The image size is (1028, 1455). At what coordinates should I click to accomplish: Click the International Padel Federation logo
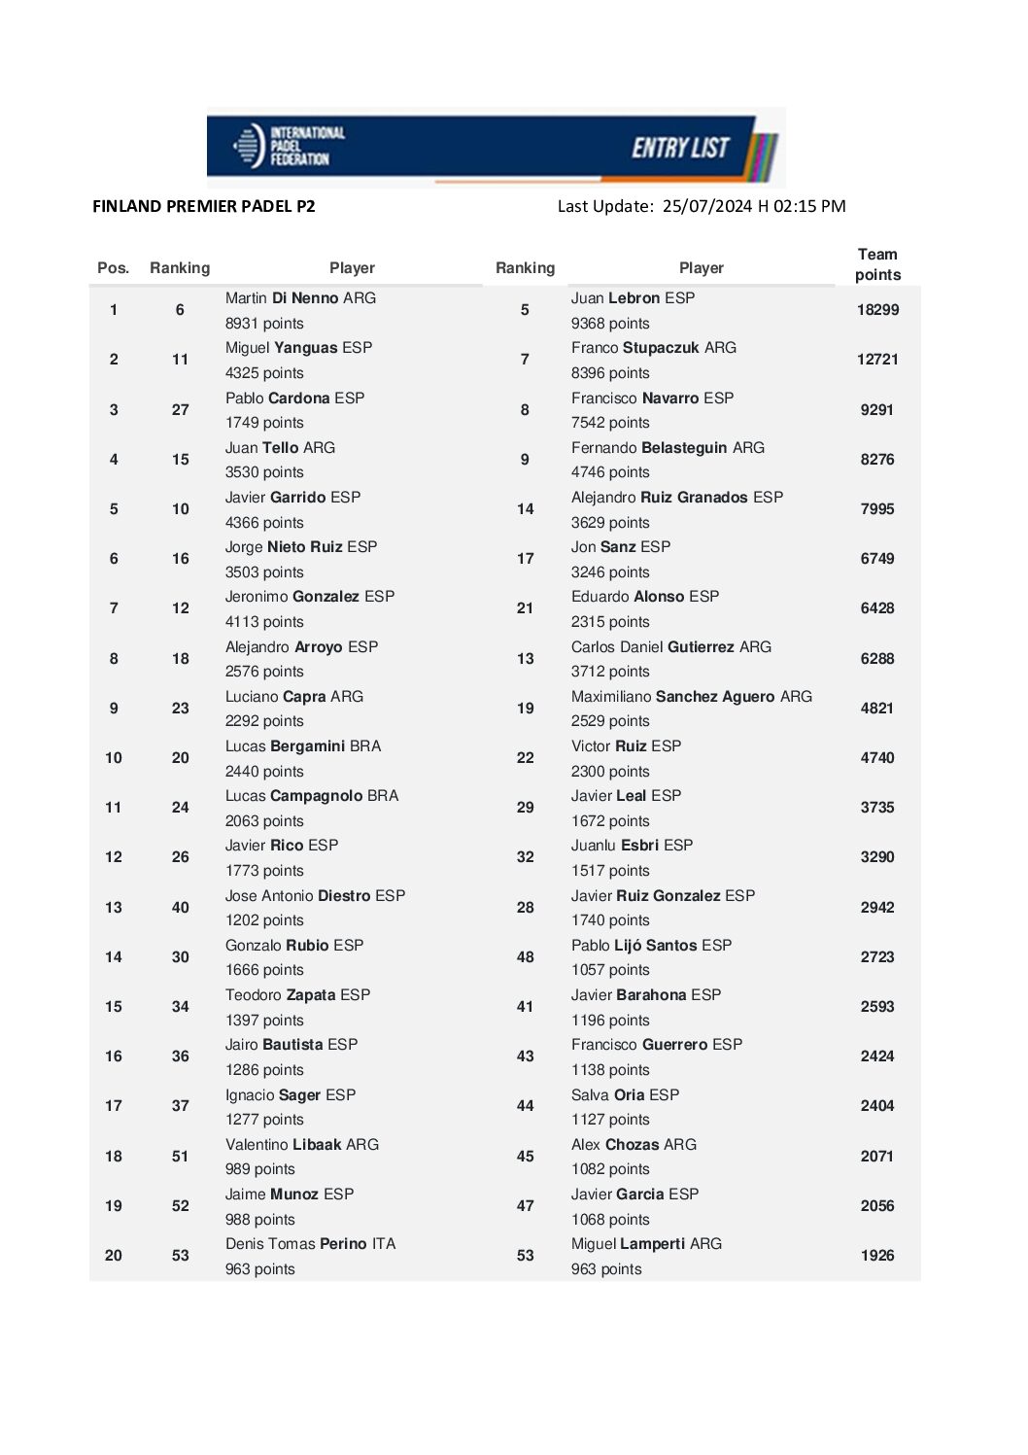[x=289, y=146]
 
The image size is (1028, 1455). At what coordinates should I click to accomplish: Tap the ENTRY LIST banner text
[x=680, y=148]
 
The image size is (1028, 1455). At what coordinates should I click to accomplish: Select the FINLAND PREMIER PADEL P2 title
[x=204, y=206]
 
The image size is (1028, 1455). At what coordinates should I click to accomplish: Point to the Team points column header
[x=877, y=264]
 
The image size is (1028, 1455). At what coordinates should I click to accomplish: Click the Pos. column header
[x=113, y=268]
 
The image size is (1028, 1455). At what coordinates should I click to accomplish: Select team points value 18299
[x=877, y=310]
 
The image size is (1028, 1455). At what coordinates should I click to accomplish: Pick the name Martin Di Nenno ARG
[x=300, y=298]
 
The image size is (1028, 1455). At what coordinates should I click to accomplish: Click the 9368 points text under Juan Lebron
[x=610, y=324]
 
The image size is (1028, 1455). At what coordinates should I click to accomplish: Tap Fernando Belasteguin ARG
[x=668, y=448]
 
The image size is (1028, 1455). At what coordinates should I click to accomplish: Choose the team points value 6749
[x=877, y=559]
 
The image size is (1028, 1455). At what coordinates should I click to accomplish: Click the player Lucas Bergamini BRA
[x=303, y=746]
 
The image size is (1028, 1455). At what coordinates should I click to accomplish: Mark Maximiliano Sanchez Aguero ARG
[x=691, y=697]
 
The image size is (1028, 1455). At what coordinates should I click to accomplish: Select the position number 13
[x=114, y=908]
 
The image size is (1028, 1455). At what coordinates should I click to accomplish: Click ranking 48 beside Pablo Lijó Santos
[x=525, y=957]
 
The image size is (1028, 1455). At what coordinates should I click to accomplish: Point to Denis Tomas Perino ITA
[x=310, y=1244]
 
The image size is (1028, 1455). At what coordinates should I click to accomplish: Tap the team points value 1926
[x=877, y=1256]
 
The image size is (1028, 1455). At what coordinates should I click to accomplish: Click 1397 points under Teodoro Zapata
[x=264, y=1021]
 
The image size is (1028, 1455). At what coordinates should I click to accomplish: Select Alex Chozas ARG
[x=634, y=1145]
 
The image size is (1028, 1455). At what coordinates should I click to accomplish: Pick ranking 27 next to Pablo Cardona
[x=181, y=410]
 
